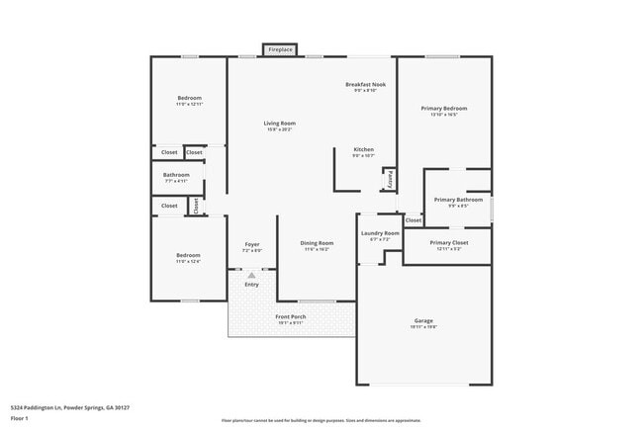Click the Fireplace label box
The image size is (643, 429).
point(281,49)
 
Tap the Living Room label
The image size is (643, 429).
point(280,124)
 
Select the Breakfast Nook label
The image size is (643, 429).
point(365,85)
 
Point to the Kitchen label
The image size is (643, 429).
point(363,149)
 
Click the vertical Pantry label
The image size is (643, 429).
point(391,179)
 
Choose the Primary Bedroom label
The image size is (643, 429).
point(444,108)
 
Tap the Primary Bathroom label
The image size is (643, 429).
point(458,200)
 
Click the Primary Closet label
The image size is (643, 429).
point(448,242)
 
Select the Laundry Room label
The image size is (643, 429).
point(380,233)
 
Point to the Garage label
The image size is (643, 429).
point(423,320)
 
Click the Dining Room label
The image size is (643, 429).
point(317,243)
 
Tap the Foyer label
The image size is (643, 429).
point(252,244)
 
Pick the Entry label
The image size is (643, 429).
point(251,285)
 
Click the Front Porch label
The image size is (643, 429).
point(290,316)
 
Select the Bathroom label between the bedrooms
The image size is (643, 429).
point(176,175)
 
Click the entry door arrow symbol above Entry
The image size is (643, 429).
point(251,273)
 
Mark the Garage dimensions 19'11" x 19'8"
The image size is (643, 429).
point(423,326)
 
